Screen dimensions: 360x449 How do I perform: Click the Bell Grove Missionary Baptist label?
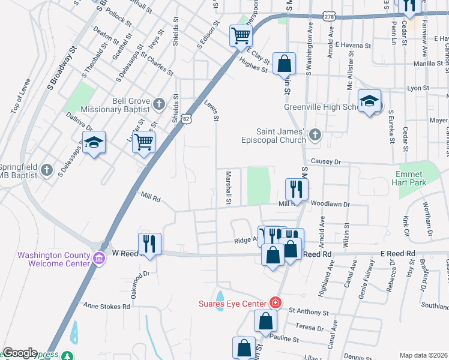118,106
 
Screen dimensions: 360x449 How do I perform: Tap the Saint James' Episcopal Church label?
281,136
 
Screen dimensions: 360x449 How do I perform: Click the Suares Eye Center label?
233,304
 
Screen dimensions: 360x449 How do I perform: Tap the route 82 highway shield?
187,119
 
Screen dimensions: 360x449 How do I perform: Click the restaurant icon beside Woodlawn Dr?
296,189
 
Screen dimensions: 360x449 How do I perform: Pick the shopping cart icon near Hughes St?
241,35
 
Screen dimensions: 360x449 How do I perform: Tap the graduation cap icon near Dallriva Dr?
93,142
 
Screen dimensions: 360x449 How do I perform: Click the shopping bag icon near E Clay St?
284,63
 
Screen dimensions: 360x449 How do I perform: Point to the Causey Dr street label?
325,162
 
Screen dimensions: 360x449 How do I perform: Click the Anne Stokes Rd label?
107,306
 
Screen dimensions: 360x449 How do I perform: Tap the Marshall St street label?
229,187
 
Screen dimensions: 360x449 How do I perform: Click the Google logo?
20,353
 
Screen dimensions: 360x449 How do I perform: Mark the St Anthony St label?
310,311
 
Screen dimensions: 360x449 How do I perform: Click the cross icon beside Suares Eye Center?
275,303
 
